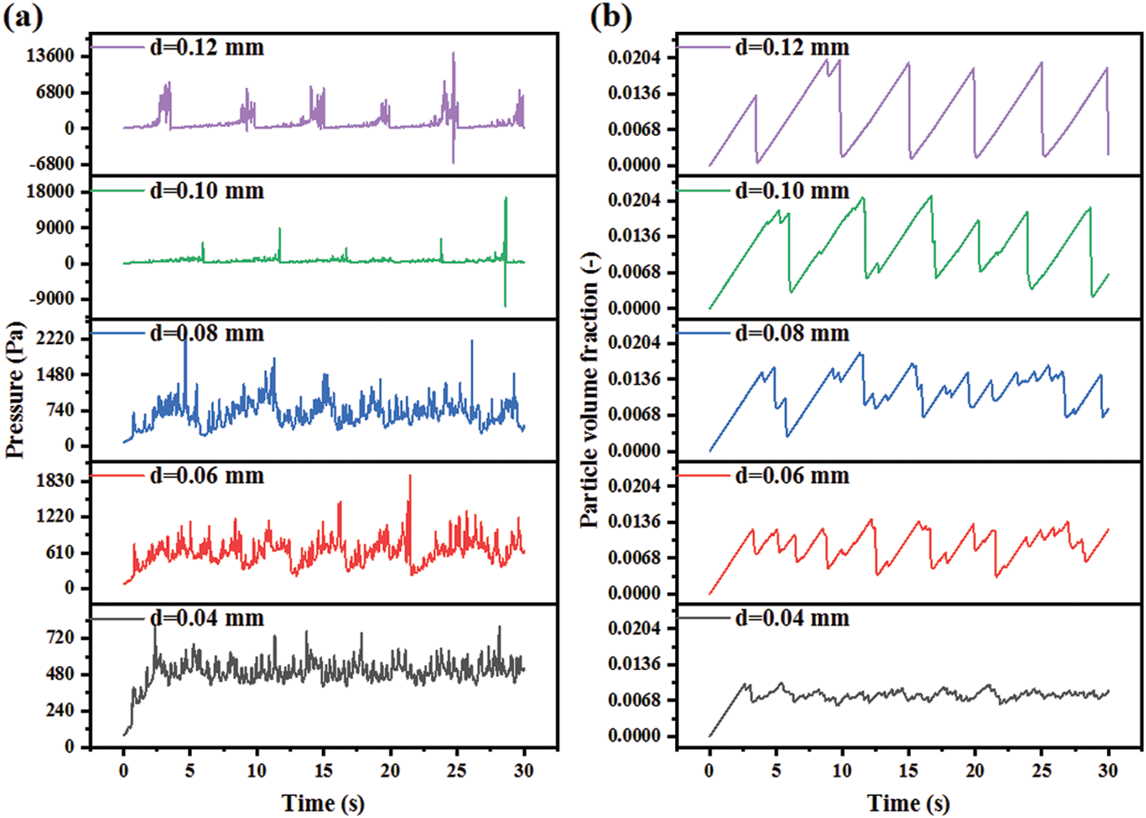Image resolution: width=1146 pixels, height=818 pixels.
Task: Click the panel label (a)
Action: pos(24,15)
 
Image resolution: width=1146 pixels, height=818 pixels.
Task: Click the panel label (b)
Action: pos(610,15)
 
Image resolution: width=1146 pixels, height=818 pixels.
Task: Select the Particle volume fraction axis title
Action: pos(590,390)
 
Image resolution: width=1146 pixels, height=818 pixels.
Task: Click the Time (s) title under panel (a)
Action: pos(323,803)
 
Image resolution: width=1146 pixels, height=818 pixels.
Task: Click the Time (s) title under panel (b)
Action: pos(909,803)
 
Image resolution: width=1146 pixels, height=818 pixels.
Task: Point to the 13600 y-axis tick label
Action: pos(50,56)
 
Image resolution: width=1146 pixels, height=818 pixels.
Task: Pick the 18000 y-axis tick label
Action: pos(50,192)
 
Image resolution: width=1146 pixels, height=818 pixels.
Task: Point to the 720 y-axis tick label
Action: pos(61,638)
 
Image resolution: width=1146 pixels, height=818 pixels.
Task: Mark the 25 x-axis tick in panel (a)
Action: pos(457,770)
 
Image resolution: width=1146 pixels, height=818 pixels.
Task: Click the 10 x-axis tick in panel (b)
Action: pos(843,770)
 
